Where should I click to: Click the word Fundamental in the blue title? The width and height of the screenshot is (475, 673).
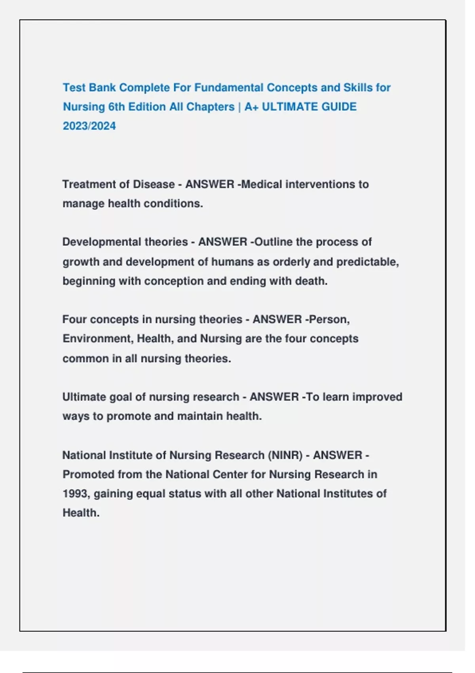pyautogui.click(x=228, y=87)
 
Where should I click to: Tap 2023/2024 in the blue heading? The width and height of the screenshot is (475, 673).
pyautogui.click(x=89, y=126)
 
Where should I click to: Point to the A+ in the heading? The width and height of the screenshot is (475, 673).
pyautogui.click(x=251, y=107)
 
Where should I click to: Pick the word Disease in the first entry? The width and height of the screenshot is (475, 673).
pyautogui.click(x=154, y=184)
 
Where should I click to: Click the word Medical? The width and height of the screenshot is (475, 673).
pyautogui.click(x=262, y=184)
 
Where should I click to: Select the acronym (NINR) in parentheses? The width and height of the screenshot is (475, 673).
pyautogui.click(x=285, y=455)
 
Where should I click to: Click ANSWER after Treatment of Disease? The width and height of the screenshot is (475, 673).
pyautogui.click(x=210, y=184)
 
